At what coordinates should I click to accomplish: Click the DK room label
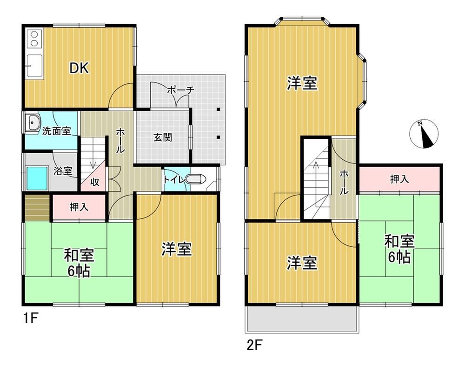coord(79,68)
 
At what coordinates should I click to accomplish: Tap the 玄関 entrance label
coord(162,137)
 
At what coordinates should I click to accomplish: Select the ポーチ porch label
coord(181,90)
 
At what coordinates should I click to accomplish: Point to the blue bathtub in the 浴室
coord(37,178)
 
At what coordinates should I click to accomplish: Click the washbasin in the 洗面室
coord(33,122)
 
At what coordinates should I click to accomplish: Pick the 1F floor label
coord(31,319)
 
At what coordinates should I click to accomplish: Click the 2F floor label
coord(254,345)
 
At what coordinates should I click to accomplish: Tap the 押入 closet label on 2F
coord(399,179)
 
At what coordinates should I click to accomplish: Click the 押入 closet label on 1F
coord(79,207)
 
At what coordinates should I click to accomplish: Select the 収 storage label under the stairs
coord(95,182)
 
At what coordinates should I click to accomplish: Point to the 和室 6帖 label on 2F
coord(399,249)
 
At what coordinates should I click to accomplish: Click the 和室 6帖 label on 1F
coord(79,263)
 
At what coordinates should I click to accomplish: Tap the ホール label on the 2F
coord(344,182)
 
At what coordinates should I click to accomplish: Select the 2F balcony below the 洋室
coord(302,319)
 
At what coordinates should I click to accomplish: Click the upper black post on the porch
coord(218,109)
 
